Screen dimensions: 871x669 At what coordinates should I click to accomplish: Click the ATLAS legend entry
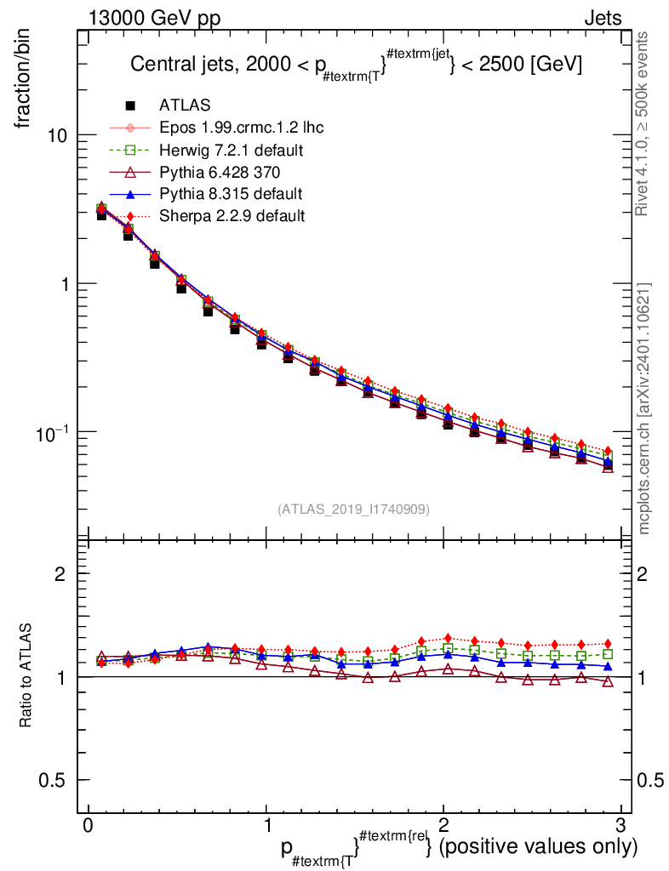point(184,105)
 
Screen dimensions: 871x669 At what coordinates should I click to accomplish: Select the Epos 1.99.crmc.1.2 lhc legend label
point(241,128)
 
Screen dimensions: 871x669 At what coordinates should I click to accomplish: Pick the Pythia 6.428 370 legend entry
point(220,172)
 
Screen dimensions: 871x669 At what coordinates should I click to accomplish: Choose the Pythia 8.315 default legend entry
point(230,194)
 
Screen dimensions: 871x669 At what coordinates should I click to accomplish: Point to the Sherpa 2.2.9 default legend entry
point(232,216)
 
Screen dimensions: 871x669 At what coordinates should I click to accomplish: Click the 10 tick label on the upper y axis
point(58,135)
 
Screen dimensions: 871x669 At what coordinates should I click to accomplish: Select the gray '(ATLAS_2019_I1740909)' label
point(353,510)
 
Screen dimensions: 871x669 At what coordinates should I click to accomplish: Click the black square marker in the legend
point(130,105)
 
